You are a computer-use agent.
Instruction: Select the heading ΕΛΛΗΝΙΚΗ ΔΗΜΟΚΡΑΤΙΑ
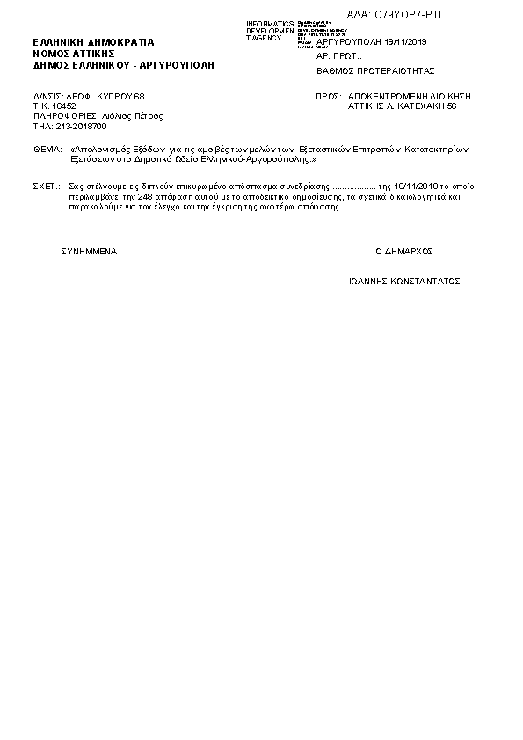(92, 42)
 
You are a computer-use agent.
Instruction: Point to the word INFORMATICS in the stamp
(270, 23)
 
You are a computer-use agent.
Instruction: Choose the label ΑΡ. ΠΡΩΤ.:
(338, 55)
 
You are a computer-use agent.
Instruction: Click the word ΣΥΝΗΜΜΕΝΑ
(89, 251)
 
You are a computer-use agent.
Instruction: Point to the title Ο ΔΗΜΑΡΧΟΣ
(404, 251)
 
